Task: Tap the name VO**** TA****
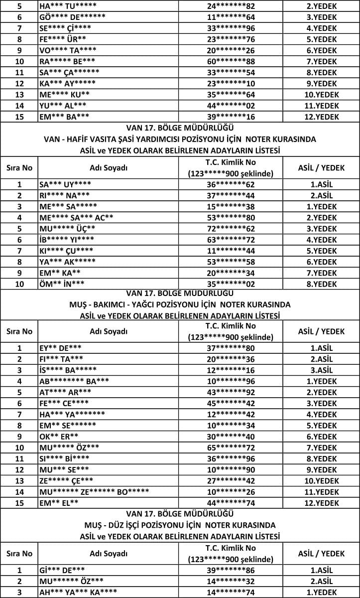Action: point(68,50)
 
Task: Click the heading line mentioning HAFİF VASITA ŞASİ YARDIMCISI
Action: point(179,139)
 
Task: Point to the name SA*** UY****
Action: point(65,184)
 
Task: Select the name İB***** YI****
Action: point(66,239)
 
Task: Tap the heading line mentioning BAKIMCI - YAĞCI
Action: point(179,304)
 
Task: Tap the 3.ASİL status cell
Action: point(321,370)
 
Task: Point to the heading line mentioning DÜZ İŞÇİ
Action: point(179,525)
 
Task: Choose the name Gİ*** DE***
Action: point(62,570)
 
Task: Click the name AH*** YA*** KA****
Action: point(78,592)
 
